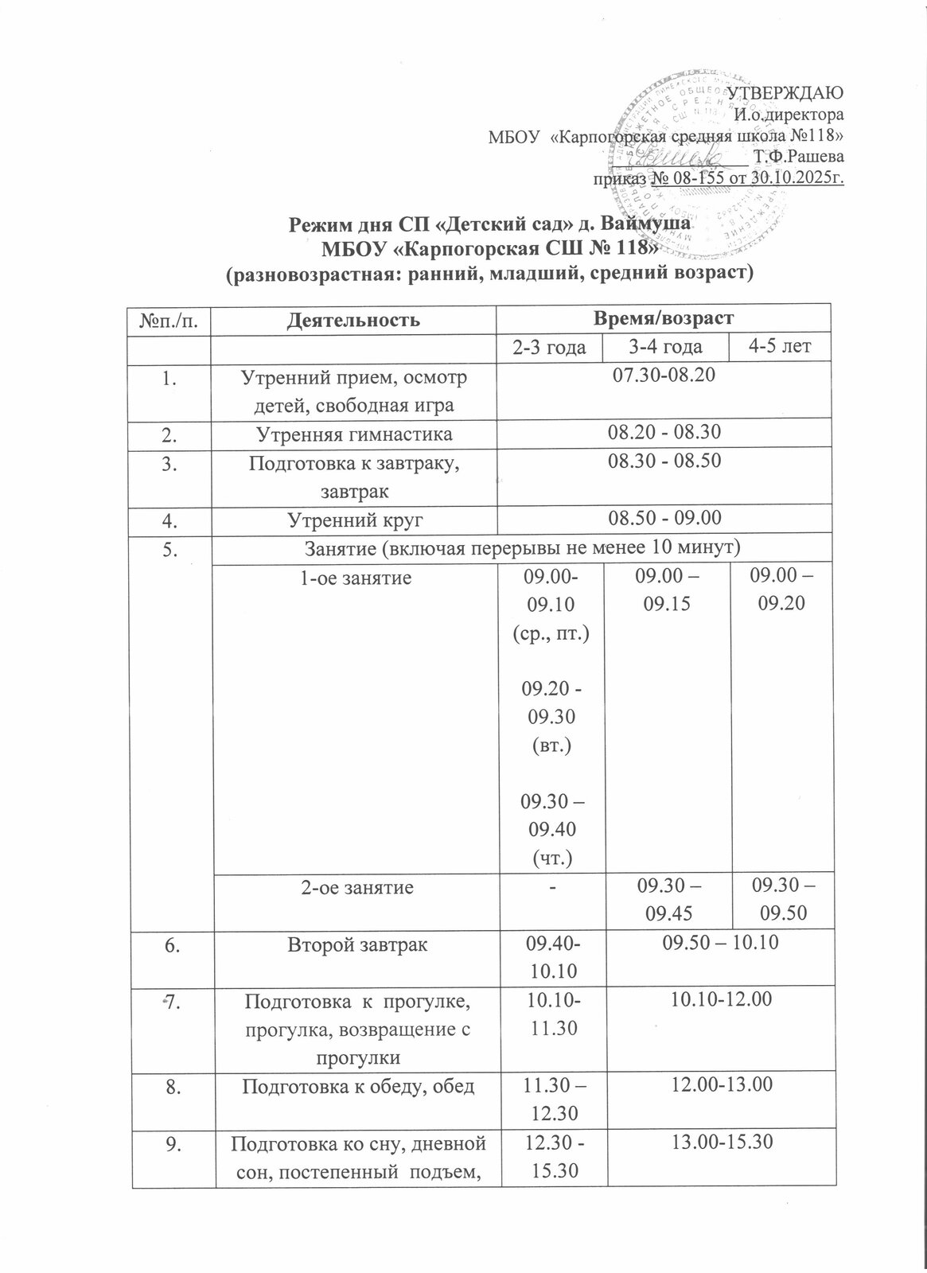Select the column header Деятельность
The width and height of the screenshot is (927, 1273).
(x=354, y=320)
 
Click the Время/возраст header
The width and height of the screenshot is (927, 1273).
(x=664, y=319)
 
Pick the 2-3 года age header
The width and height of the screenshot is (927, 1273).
(x=550, y=347)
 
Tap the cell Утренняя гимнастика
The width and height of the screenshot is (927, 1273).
(x=354, y=434)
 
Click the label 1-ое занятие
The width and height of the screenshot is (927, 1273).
(x=354, y=578)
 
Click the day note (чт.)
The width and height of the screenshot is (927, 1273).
(x=550, y=857)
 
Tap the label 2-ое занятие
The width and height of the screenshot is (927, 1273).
(x=354, y=887)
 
